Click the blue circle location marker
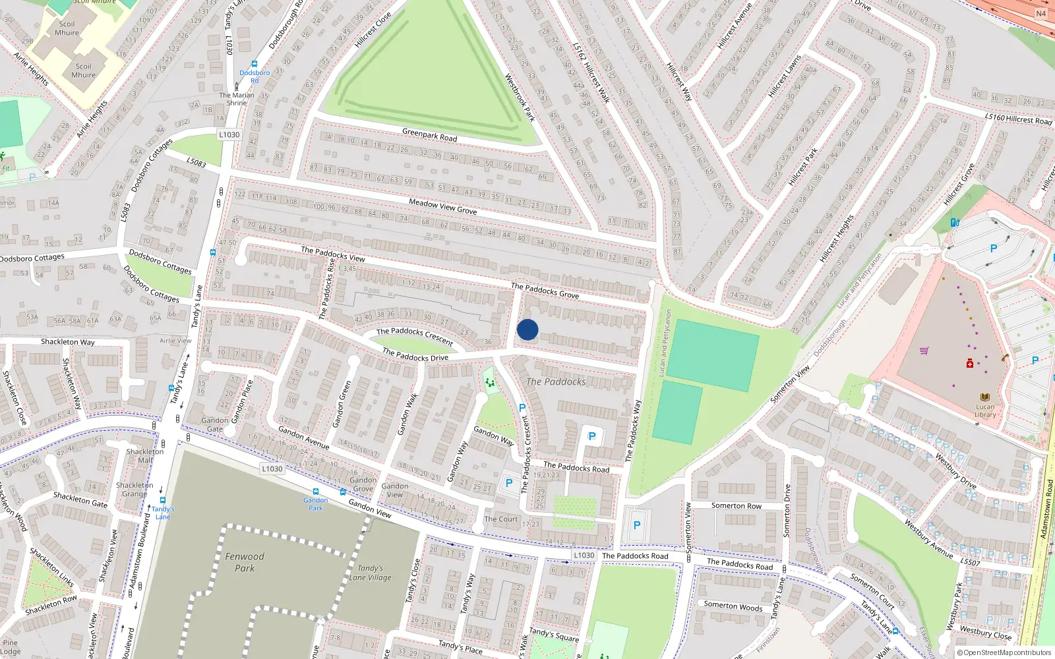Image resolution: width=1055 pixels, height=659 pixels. coord(527,329)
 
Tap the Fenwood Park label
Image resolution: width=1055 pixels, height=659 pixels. coord(245,562)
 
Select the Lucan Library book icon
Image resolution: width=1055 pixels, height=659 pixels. coord(984,397)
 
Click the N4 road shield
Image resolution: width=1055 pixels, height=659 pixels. coord(1040,14)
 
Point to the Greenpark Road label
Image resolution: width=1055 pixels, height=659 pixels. coord(429,135)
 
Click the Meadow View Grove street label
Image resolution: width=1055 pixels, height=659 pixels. coord(442,206)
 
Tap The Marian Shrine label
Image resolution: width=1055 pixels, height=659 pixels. coord(237,99)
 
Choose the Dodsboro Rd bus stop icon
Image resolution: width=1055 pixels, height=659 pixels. coord(255,64)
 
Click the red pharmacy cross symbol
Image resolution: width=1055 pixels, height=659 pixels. coord(970,364)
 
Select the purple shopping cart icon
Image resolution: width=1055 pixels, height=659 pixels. coord(924,351)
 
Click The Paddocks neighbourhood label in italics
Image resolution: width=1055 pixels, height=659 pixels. coord(556,382)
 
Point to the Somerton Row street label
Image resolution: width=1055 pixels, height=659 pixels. coord(736,506)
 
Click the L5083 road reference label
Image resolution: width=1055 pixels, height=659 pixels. coord(196,162)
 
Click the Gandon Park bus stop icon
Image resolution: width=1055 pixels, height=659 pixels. coord(316,492)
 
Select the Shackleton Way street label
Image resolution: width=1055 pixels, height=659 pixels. coord(67,342)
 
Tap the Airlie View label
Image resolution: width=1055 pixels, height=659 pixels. coord(175,341)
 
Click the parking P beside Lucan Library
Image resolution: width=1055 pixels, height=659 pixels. coord(1035,360)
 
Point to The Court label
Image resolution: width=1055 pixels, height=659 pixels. coord(501,519)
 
